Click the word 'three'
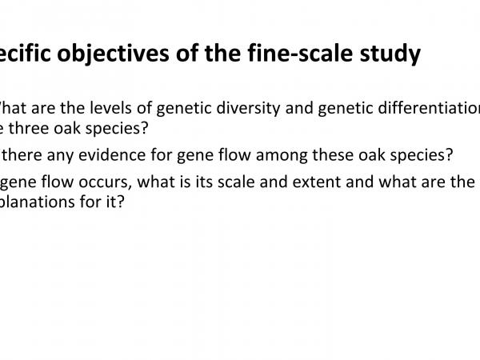(35, 128)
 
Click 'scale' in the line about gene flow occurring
(234, 182)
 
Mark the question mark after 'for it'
(121, 202)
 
